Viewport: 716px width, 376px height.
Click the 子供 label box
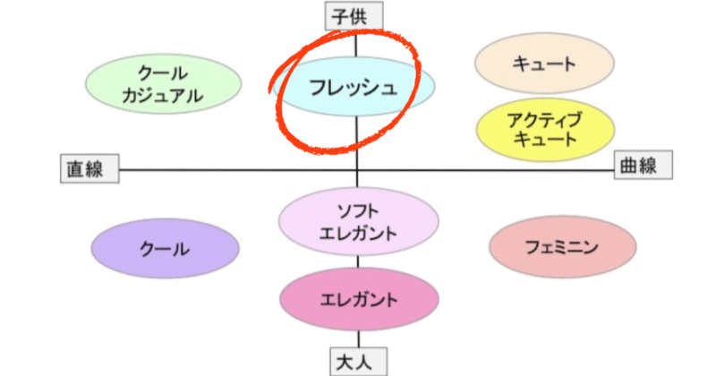click(x=354, y=15)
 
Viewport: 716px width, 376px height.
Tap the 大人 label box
click(x=359, y=362)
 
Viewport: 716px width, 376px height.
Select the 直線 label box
click(x=89, y=168)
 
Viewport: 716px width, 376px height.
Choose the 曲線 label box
click(x=643, y=165)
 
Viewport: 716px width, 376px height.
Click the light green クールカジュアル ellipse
click(x=164, y=84)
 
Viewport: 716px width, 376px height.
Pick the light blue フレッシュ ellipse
click(x=354, y=86)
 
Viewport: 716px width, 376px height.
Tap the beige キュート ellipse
click(x=544, y=63)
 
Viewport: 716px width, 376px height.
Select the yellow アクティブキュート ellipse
click(x=545, y=129)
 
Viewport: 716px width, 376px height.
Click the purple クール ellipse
click(x=165, y=249)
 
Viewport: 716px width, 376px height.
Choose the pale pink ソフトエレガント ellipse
click(x=359, y=222)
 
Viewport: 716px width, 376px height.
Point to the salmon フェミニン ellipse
click(x=563, y=247)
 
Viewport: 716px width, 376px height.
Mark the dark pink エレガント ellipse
click(x=359, y=299)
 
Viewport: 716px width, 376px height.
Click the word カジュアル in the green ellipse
click(x=163, y=96)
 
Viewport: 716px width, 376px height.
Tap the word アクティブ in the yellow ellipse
click(x=545, y=120)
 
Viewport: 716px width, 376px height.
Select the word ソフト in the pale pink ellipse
click(x=358, y=211)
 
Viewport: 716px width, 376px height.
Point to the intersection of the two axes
click(x=357, y=170)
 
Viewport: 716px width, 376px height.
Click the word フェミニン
click(x=562, y=247)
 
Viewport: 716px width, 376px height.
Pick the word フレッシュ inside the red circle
click(x=353, y=87)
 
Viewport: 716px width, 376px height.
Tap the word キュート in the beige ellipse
click(x=544, y=64)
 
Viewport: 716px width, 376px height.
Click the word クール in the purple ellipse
click(x=165, y=249)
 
